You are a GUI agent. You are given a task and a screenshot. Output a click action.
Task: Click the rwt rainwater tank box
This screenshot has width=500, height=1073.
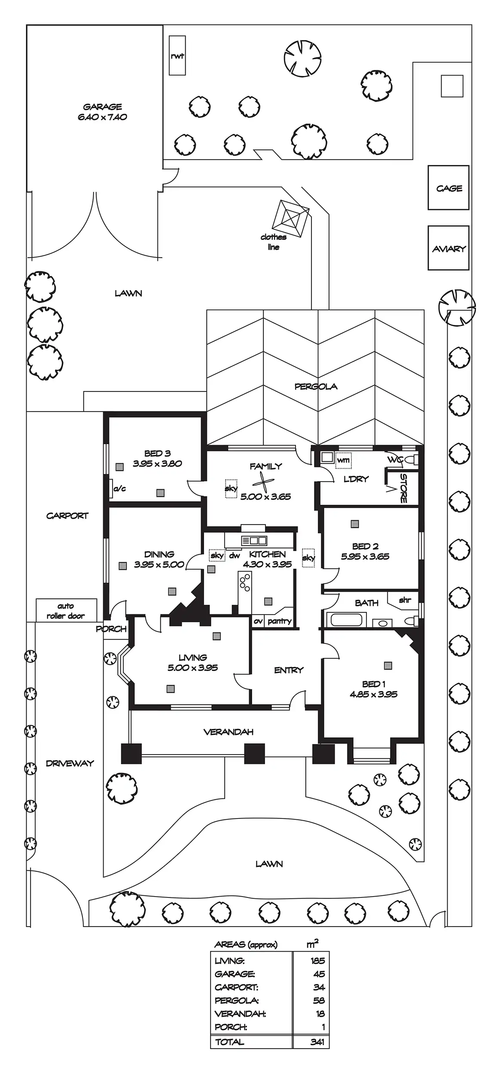pyautogui.click(x=177, y=56)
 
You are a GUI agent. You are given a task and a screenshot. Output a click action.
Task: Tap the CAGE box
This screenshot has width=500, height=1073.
pyautogui.click(x=448, y=188)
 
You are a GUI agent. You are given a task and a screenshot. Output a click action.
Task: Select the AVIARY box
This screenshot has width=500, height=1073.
pyautogui.click(x=448, y=248)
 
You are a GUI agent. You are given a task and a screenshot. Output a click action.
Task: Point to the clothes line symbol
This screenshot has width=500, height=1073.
pyautogui.click(x=290, y=218)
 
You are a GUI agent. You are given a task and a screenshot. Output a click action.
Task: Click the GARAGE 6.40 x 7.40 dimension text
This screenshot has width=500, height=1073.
pyautogui.click(x=102, y=117)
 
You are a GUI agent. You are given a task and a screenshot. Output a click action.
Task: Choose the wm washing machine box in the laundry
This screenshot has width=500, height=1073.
pyautogui.click(x=343, y=460)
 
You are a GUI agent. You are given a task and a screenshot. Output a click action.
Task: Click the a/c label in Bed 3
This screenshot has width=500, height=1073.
pyautogui.click(x=119, y=488)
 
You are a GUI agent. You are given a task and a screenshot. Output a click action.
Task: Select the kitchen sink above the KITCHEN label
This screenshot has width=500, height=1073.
pyautogui.click(x=254, y=540)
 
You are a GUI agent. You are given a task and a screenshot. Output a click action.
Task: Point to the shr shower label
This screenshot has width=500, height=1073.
pyautogui.click(x=405, y=600)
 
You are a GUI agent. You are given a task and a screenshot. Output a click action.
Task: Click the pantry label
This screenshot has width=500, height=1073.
pyautogui.click(x=279, y=621)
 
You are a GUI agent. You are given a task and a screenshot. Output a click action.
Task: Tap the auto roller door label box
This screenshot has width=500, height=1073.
pyautogui.click(x=66, y=610)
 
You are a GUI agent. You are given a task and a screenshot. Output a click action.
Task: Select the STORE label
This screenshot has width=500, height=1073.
pyautogui.click(x=403, y=488)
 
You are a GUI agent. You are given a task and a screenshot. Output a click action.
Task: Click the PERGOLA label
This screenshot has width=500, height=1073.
pyautogui.click(x=316, y=386)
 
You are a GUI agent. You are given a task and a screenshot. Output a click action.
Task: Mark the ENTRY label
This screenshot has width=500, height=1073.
pyautogui.click(x=289, y=670)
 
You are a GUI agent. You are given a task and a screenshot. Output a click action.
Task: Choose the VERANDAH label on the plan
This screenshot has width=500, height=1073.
pyautogui.click(x=228, y=732)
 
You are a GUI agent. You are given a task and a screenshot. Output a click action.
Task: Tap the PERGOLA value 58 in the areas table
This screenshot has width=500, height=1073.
pyautogui.click(x=319, y=1000)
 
